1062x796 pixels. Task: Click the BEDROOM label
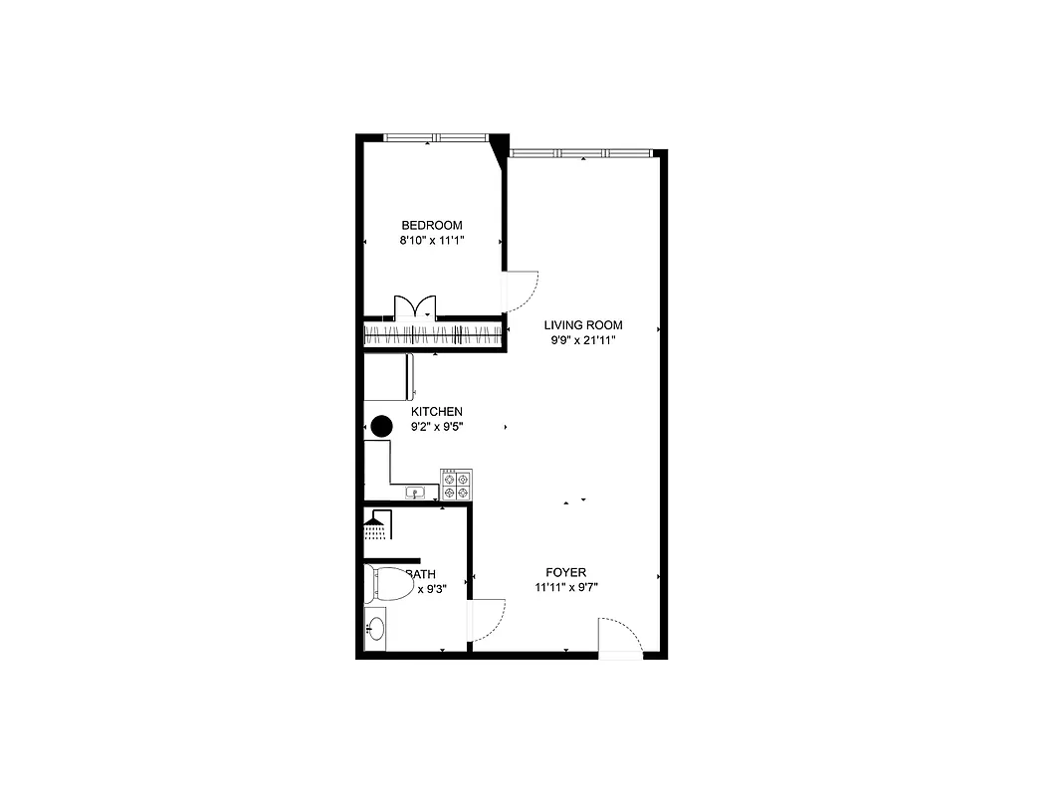tap(431, 226)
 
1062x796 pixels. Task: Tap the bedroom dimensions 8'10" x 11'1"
tap(431, 241)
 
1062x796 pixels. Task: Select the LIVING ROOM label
tap(582, 325)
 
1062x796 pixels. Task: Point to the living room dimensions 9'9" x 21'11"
tap(582, 340)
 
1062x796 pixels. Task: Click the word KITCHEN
tap(437, 412)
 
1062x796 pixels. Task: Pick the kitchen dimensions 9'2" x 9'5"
tap(437, 427)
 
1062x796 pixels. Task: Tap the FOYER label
tap(565, 572)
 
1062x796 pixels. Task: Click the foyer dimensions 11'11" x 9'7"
tap(565, 587)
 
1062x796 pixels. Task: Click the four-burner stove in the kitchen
tap(458, 485)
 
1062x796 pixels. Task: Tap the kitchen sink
tap(415, 492)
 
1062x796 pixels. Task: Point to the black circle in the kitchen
tap(381, 427)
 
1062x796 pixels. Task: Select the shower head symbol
tap(375, 524)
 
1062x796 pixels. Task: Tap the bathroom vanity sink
tap(375, 628)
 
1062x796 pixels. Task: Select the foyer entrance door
tap(620, 637)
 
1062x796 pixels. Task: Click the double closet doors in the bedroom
tap(415, 307)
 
